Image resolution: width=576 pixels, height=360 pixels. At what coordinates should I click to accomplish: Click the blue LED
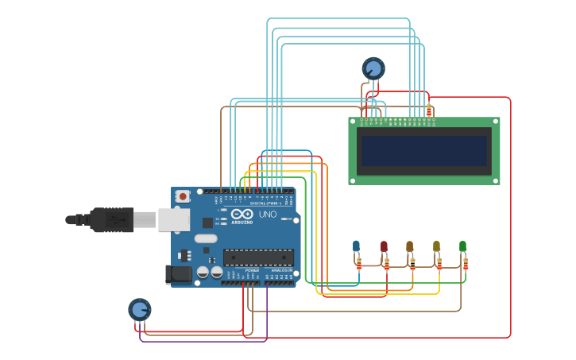click(x=356, y=246)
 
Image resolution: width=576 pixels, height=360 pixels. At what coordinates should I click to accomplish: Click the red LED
click(x=384, y=246)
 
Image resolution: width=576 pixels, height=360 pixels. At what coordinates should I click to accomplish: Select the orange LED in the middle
click(x=410, y=246)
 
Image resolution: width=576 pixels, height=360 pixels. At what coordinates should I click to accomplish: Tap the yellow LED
click(x=436, y=246)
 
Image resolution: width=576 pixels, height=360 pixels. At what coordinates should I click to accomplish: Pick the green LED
click(x=462, y=246)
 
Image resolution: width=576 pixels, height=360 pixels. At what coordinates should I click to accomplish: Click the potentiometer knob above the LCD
click(x=373, y=68)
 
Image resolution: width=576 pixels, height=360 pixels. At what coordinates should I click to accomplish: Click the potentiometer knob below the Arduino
click(x=139, y=309)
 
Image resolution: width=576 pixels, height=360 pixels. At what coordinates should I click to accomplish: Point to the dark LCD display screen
click(x=423, y=151)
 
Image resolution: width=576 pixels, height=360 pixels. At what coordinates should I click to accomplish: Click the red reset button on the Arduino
click(x=183, y=195)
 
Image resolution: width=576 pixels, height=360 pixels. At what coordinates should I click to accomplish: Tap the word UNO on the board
click(x=267, y=215)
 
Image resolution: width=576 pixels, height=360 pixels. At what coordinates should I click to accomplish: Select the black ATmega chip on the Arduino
click(x=258, y=257)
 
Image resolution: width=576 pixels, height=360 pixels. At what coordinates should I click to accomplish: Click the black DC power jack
click(x=179, y=274)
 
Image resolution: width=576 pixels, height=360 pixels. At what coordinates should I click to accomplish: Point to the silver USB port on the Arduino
click(x=173, y=219)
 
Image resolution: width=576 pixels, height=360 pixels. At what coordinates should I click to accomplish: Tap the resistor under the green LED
click(x=466, y=263)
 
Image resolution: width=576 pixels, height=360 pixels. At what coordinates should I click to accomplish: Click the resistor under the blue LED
click(x=359, y=263)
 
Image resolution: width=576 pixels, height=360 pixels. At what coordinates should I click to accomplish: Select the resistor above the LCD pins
click(x=429, y=110)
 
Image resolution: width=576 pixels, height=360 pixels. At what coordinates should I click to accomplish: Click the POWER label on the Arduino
click(x=252, y=271)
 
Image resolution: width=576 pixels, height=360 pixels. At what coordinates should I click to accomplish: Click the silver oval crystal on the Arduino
click(x=205, y=238)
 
